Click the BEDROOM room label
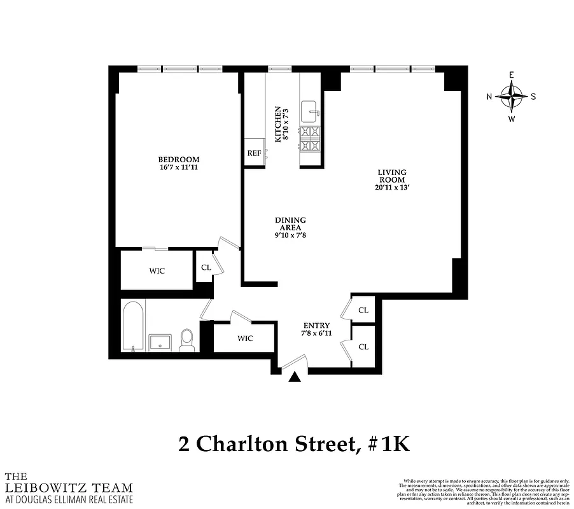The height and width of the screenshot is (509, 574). pos(179,159)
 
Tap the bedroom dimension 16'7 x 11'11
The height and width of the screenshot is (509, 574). pos(179,167)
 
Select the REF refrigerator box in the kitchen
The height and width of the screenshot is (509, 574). pos(254,153)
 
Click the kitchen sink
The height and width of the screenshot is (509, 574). pos(310,111)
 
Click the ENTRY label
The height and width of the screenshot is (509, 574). pos(316,325)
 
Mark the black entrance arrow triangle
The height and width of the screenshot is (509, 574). pos(294,377)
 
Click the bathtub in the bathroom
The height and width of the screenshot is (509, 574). pos(133,326)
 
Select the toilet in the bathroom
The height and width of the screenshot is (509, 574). pos(186,339)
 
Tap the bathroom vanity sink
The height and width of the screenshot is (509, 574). pos(160,342)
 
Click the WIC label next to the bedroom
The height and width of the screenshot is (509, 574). pos(157,271)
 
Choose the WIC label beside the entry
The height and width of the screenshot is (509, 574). pos(244,338)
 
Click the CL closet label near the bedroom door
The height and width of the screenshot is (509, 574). pos(206,268)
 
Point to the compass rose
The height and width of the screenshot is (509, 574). pos(512,97)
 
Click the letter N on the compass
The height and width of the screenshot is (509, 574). pos(489,97)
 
